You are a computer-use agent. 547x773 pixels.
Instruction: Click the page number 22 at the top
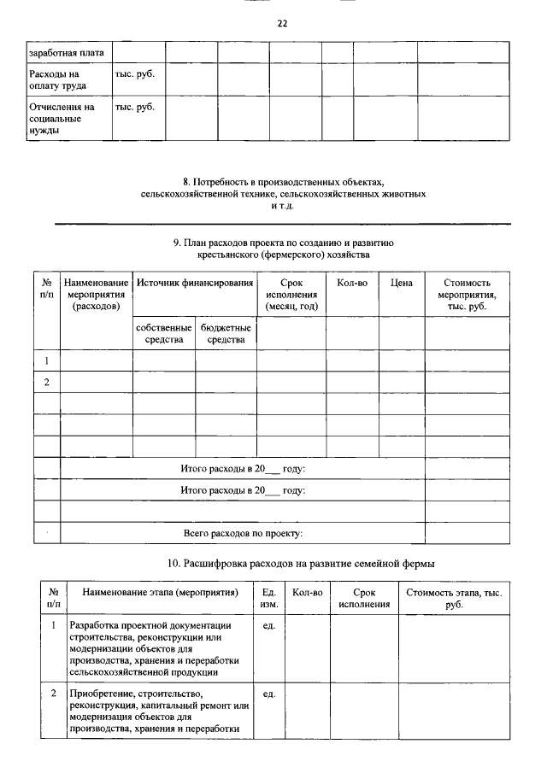coord(282,24)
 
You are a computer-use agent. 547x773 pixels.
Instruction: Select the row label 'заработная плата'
coord(67,53)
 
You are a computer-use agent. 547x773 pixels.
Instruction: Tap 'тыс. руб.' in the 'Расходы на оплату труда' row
coord(134,74)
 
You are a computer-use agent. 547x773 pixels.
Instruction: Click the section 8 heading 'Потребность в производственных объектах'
coord(283,183)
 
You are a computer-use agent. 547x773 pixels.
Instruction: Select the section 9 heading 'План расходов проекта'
coord(283,243)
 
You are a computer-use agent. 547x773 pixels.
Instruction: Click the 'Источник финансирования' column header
coord(195,283)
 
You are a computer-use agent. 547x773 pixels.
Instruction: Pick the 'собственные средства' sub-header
coord(163,333)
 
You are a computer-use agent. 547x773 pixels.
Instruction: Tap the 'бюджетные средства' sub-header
coord(226,333)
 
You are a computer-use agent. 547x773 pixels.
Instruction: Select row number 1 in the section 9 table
coord(47,360)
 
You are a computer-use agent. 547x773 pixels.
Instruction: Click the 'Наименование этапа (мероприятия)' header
coord(160,592)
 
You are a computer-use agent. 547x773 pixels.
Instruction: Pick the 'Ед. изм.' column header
coord(269,598)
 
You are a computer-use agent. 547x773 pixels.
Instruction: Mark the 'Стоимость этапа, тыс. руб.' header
coord(454,598)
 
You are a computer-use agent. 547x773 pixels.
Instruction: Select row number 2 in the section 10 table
coord(54,694)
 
